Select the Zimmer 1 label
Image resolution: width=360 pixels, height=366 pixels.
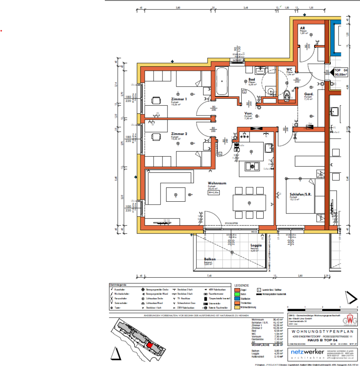[x=179, y=99]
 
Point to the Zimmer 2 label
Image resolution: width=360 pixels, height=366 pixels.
[x=179, y=134]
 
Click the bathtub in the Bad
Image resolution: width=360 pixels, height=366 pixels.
[x=222, y=81]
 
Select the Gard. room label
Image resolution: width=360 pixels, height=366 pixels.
[x=308, y=94]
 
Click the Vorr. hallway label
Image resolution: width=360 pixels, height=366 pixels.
[x=249, y=113]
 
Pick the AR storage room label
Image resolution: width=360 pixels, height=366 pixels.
[x=303, y=28]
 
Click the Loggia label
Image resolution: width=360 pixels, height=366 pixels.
[x=256, y=246]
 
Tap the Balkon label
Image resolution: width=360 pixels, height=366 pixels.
[x=210, y=259]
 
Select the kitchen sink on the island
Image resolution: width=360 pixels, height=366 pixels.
[x=250, y=166]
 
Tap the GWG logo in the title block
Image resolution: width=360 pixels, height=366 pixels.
[x=347, y=319]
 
